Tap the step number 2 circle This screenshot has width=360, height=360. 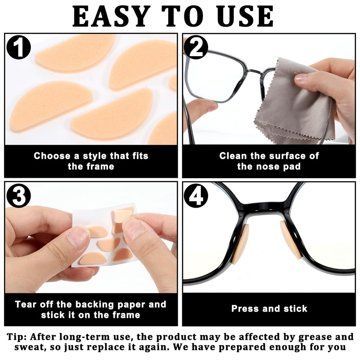click(x=196, y=47)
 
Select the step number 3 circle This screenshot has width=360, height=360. click(x=19, y=196)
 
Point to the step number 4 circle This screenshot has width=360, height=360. click(x=196, y=196)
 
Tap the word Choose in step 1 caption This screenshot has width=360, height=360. click(x=52, y=156)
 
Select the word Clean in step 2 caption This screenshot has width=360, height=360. click(x=233, y=156)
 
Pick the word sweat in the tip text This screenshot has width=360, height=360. click(x=29, y=347)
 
